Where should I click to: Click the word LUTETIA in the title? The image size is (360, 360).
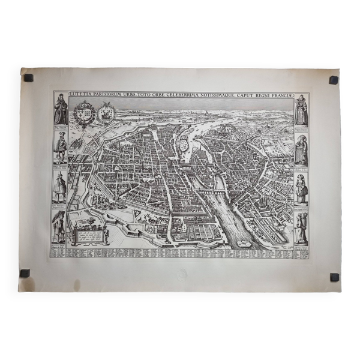82,94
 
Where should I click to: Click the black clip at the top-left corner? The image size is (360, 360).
28,77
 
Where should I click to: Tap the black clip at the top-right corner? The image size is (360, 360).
333,80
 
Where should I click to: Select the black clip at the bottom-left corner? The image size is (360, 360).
25,273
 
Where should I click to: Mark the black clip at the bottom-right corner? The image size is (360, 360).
334,277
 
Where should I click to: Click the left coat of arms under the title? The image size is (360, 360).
83,112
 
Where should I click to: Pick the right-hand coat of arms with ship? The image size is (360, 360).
106,112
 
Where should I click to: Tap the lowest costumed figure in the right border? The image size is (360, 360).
301,228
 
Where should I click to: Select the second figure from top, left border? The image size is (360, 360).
60,148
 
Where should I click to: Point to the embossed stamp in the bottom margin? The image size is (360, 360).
181,274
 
